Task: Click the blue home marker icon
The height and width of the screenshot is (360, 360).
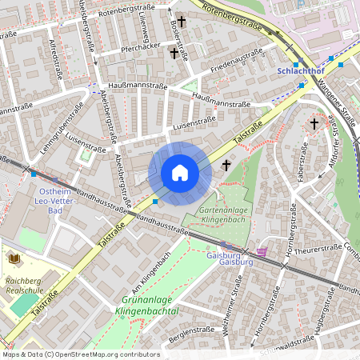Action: [x=180, y=173]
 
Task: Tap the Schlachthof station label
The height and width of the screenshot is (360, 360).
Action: [x=299, y=70]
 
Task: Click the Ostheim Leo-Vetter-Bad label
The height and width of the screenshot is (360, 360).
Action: [x=54, y=202]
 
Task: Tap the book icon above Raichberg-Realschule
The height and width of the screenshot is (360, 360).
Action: [x=14, y=258]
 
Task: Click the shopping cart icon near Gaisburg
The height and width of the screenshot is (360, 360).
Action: [x=262, y=251]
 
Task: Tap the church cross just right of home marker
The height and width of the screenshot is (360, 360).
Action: [x=226, y=166]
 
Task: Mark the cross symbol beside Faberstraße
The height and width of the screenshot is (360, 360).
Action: [x=314, y=124]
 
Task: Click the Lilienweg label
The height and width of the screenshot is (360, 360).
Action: [x=146, y=22]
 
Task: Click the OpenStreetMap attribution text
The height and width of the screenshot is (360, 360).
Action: [x=80, y=354]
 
